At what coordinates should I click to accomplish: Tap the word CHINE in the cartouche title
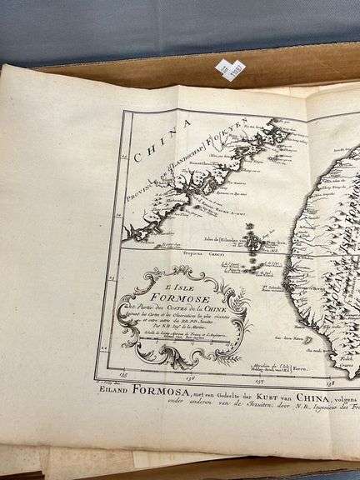click(x=232, y=309)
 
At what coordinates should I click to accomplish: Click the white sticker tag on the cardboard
click(x=231, y=68)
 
